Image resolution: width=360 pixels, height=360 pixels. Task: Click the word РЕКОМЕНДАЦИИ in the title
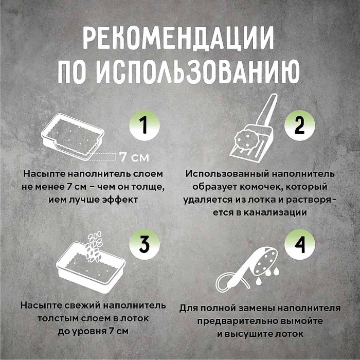point(178,38)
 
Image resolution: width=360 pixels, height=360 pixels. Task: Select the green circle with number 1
point(143,125)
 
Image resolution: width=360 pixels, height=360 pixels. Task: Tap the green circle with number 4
point(299,245)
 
